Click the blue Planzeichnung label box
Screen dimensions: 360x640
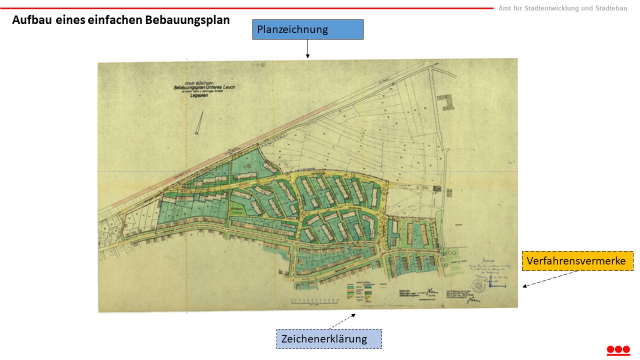pyautogui.click(x=307, y=29)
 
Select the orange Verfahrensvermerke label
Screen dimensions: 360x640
pyautogui.click(x=577, y=261)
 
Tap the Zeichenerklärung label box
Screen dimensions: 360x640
pyautogui.click(x=329, y=339)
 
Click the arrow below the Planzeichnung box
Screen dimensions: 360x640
pyautogui.click(x=307, y=48)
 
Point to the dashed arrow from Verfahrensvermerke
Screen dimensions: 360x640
pyautogui.click(x=550, y=278)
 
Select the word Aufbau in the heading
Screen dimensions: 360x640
pyautogui.click(x=29, y=20)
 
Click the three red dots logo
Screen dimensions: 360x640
pyautogui.click(x=618, y=349)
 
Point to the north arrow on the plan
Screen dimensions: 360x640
pyautogui.click(x=200, y=122)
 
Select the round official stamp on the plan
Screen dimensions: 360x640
pyautogui.click(x=478, y=286)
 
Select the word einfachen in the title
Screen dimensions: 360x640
pyautogui.click(x=114, y=20)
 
